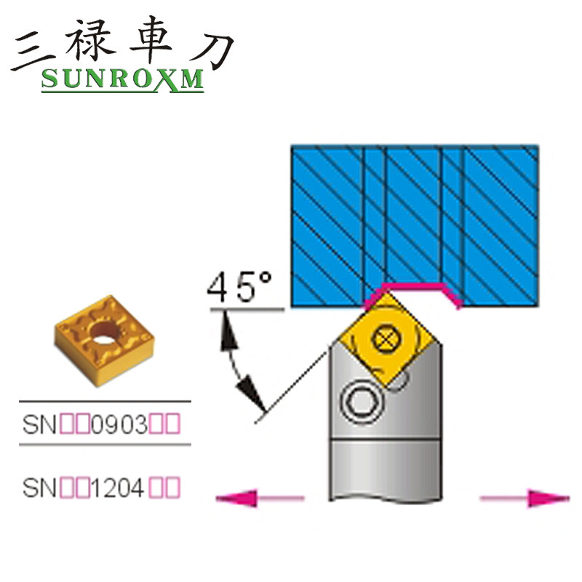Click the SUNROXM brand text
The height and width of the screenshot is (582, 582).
tap(122, 80)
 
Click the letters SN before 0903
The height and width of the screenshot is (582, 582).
tap(37, 424)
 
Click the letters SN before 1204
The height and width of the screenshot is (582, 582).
tap(37, 485)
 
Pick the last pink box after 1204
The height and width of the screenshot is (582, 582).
tap(172, 485)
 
